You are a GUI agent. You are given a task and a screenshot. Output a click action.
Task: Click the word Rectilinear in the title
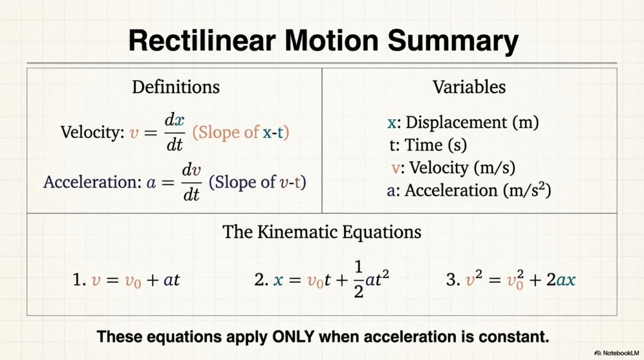click(x=202, y=40)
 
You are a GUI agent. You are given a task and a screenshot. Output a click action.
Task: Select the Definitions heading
click(x=176, y=87)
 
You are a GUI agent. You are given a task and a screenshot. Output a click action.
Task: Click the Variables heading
click(x=469, y=87)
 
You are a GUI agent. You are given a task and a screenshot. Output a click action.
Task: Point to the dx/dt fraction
click(x=175, y=132)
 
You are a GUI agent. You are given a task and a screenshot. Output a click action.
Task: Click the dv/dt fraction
click(x=191, y=182)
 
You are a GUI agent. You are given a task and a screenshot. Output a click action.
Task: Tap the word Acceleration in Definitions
click(x=92, y=182)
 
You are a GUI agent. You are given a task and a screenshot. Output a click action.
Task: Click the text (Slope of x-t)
click(x=241, y=132)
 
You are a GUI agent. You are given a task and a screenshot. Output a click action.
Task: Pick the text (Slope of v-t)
click(x=257, y=182)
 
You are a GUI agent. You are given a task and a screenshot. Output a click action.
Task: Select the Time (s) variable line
click(x=428, y=145)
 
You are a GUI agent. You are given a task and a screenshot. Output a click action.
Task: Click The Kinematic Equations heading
click(x=322, y=232)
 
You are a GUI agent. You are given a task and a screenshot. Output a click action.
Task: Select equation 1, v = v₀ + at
click(x=126, y=280)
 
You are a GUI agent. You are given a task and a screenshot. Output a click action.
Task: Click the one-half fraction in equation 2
click(x=358, y=279)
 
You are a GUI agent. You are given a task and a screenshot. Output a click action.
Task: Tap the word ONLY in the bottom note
click(x=294, y=337)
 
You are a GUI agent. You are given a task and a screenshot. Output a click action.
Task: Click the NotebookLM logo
click(x=616, y=353)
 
